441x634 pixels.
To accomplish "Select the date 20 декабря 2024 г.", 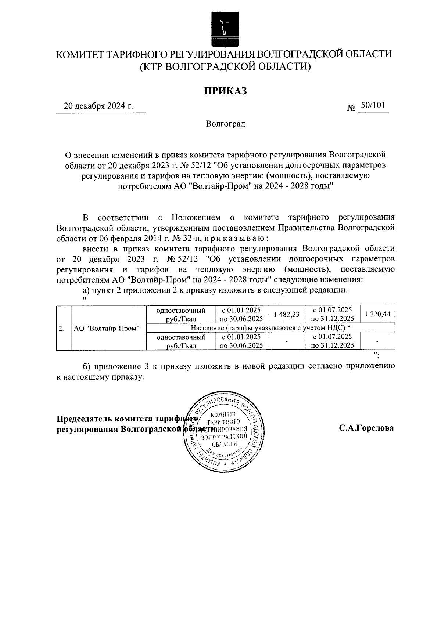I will (98, 106).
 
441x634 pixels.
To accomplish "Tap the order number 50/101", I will (373, 106).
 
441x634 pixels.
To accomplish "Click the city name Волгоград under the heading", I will (225, 124).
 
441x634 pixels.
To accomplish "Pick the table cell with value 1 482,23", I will (286, 314).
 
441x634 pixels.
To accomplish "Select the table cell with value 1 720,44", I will (377, 314).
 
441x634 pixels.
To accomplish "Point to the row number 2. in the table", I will (62, 328).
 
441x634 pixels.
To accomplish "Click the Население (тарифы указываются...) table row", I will (270, 327).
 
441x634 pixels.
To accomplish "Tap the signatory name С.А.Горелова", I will (366, 428).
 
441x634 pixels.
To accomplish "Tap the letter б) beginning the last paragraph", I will (86, 366).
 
